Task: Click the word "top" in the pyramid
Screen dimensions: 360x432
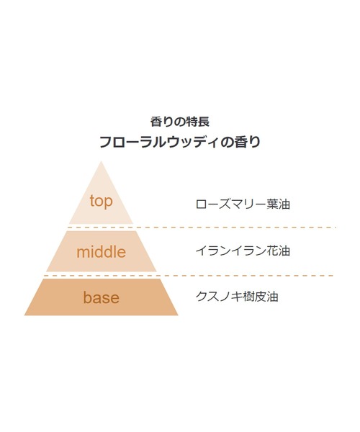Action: tap(101, 202)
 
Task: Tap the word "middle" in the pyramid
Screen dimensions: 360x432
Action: tap(101, 252)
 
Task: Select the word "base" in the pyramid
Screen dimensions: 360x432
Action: tap(102, 297)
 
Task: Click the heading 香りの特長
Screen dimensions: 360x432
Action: tap(180, 122)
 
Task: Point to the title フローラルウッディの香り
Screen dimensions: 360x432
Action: tap(180, 142)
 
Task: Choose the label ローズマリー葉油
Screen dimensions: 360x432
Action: tap(243, 204)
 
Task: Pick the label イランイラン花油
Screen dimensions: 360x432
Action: tap(243, 251)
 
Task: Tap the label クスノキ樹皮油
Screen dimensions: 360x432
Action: tap(237, 297)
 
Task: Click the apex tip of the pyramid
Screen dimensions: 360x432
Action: tap(101, 161)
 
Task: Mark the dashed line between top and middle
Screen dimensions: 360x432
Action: tap(202, 228)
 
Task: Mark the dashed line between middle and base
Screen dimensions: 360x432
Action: tap(189, 275)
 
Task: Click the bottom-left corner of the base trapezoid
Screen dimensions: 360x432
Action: tap(24, 315)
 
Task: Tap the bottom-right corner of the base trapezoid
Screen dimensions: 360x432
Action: tap(178, 315)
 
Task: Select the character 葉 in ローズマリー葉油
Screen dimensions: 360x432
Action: tap(272, 204)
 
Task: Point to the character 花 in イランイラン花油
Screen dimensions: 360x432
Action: tap(272, 251)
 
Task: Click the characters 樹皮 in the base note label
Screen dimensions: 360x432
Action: tap(254, 297)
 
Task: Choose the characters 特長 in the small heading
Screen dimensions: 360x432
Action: tap(198, 122)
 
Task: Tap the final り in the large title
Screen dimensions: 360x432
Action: tap(254, 143)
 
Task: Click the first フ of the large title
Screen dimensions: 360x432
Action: tap(106, 143)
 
